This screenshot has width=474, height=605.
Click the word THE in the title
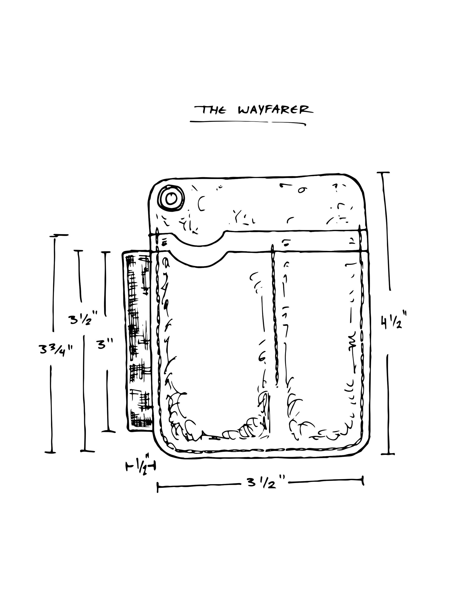click(210, 110)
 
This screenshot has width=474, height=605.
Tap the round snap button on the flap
click(171, 198)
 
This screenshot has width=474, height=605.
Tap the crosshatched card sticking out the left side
click(138, 341)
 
